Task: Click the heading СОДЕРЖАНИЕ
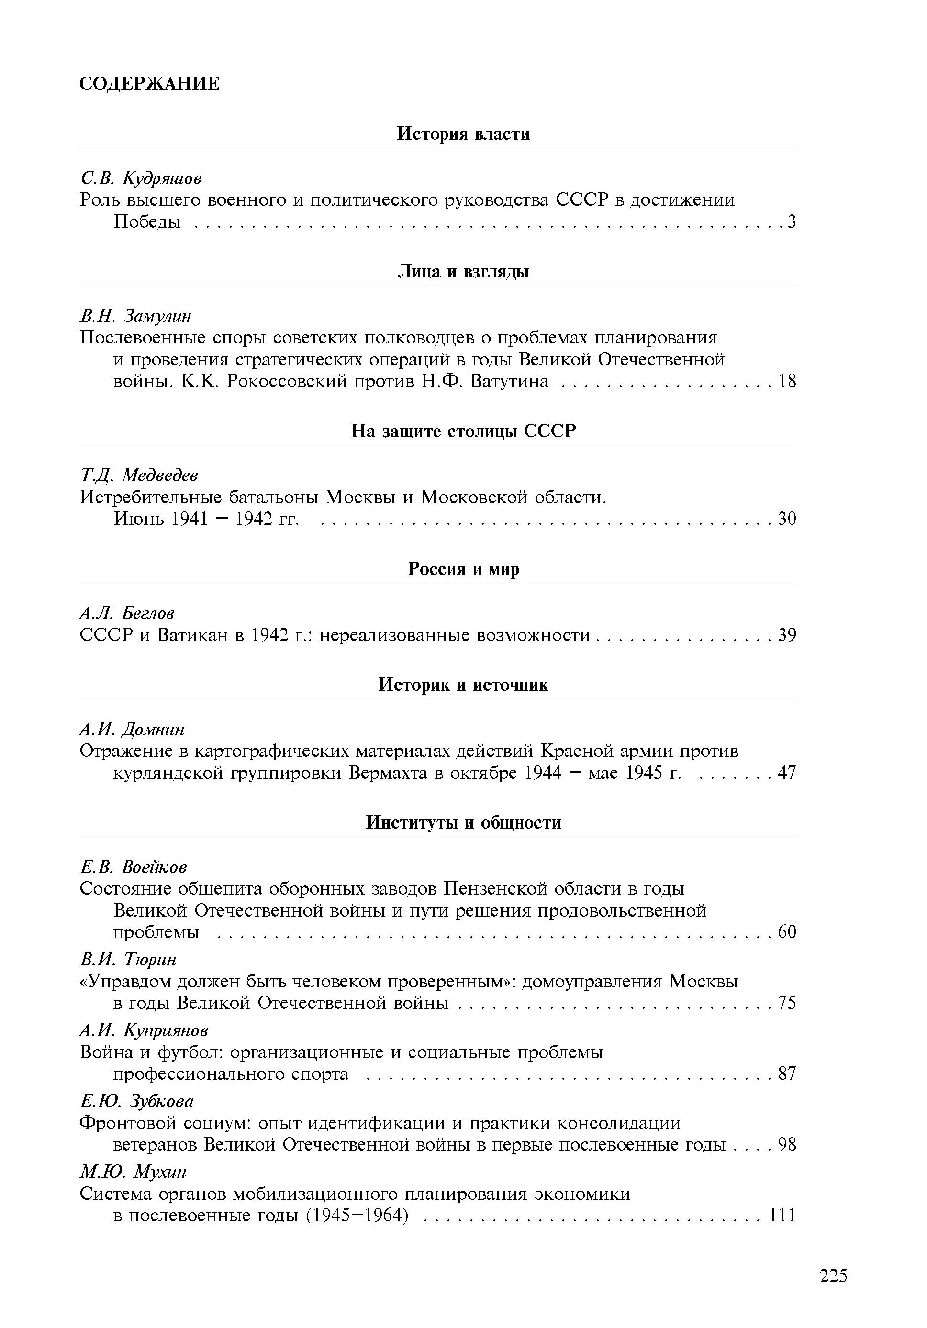click(149, 84)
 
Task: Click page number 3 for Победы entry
click(791, 221)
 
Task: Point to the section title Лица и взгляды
click(463, 271)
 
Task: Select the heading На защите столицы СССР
click(463, 431)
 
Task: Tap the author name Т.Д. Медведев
click(139, 476)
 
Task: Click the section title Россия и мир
click(463, 569)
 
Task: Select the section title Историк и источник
click(463, 685)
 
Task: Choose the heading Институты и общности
click(463, 822)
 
